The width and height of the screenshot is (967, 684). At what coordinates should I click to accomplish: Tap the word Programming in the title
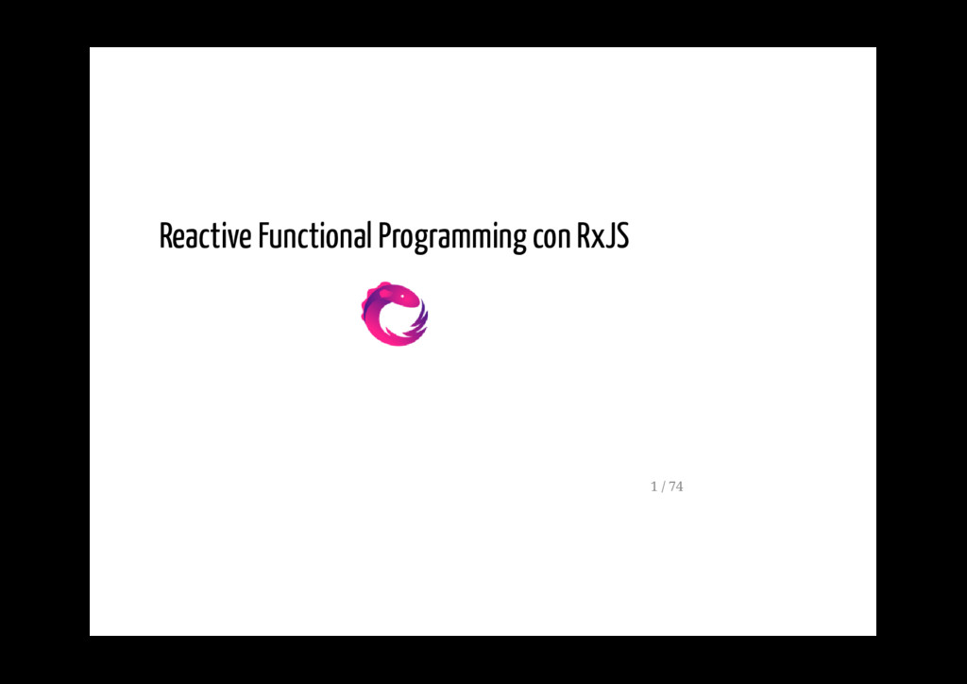[x=451, y=238]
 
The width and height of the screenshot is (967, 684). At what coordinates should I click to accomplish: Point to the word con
[x=551, y=238]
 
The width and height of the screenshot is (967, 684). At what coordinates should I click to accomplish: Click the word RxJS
[x=602, y=236]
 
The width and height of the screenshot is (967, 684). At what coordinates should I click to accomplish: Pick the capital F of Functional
[x=263, y=236]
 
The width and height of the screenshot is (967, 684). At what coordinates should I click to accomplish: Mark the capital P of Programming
[x=383, y=236]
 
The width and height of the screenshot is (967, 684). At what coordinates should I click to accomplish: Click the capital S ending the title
[x=621, y=236]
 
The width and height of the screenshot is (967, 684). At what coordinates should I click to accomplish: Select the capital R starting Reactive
[x=165, y=236]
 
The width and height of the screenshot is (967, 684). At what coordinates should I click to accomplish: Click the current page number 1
[x=653, y=487]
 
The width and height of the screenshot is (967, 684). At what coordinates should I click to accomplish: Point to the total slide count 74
[x=676, y=487]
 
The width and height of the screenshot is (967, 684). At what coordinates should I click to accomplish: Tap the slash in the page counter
[x=664, y=487]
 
